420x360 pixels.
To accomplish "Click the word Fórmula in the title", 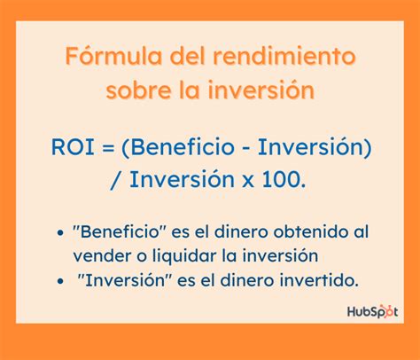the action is [113, 55].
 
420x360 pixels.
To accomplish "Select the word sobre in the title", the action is [138, 90].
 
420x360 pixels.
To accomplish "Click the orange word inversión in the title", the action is [261, 90].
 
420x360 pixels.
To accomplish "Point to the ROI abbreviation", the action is [73, 146].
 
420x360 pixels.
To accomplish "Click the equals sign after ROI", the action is [108, 147].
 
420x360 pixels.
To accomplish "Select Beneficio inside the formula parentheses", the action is [183, 146].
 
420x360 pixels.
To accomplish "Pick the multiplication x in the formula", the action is [248, 181].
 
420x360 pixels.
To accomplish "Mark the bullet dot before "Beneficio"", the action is [60, 233].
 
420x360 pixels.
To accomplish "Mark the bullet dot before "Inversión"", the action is [60, 281].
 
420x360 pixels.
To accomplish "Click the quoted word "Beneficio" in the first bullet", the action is [120, 231].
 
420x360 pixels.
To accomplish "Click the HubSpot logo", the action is [372, 312].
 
